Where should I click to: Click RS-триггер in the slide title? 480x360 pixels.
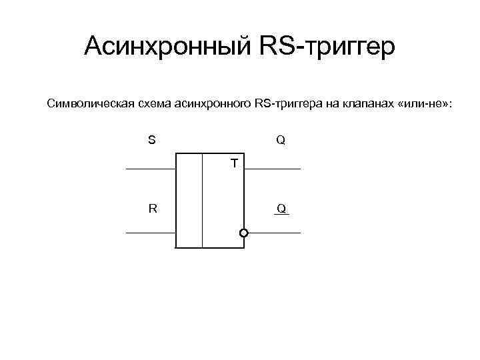tap(327, 47)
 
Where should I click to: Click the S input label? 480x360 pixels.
tap(152, 141)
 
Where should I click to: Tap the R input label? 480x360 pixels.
tap(153, 208)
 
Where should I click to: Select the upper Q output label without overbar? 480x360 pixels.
tap(281, 141)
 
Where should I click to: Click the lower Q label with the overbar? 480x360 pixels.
tap(281, 209)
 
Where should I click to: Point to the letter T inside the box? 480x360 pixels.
tap(234, 162)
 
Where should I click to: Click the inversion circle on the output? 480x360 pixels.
tap(244, 233)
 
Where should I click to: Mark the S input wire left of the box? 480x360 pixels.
tap(150, 169)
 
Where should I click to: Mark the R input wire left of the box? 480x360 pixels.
tap(150, 233)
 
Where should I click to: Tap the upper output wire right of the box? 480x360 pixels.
tap(273, 169)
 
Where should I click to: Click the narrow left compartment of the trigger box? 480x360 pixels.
tap(189, 201)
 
